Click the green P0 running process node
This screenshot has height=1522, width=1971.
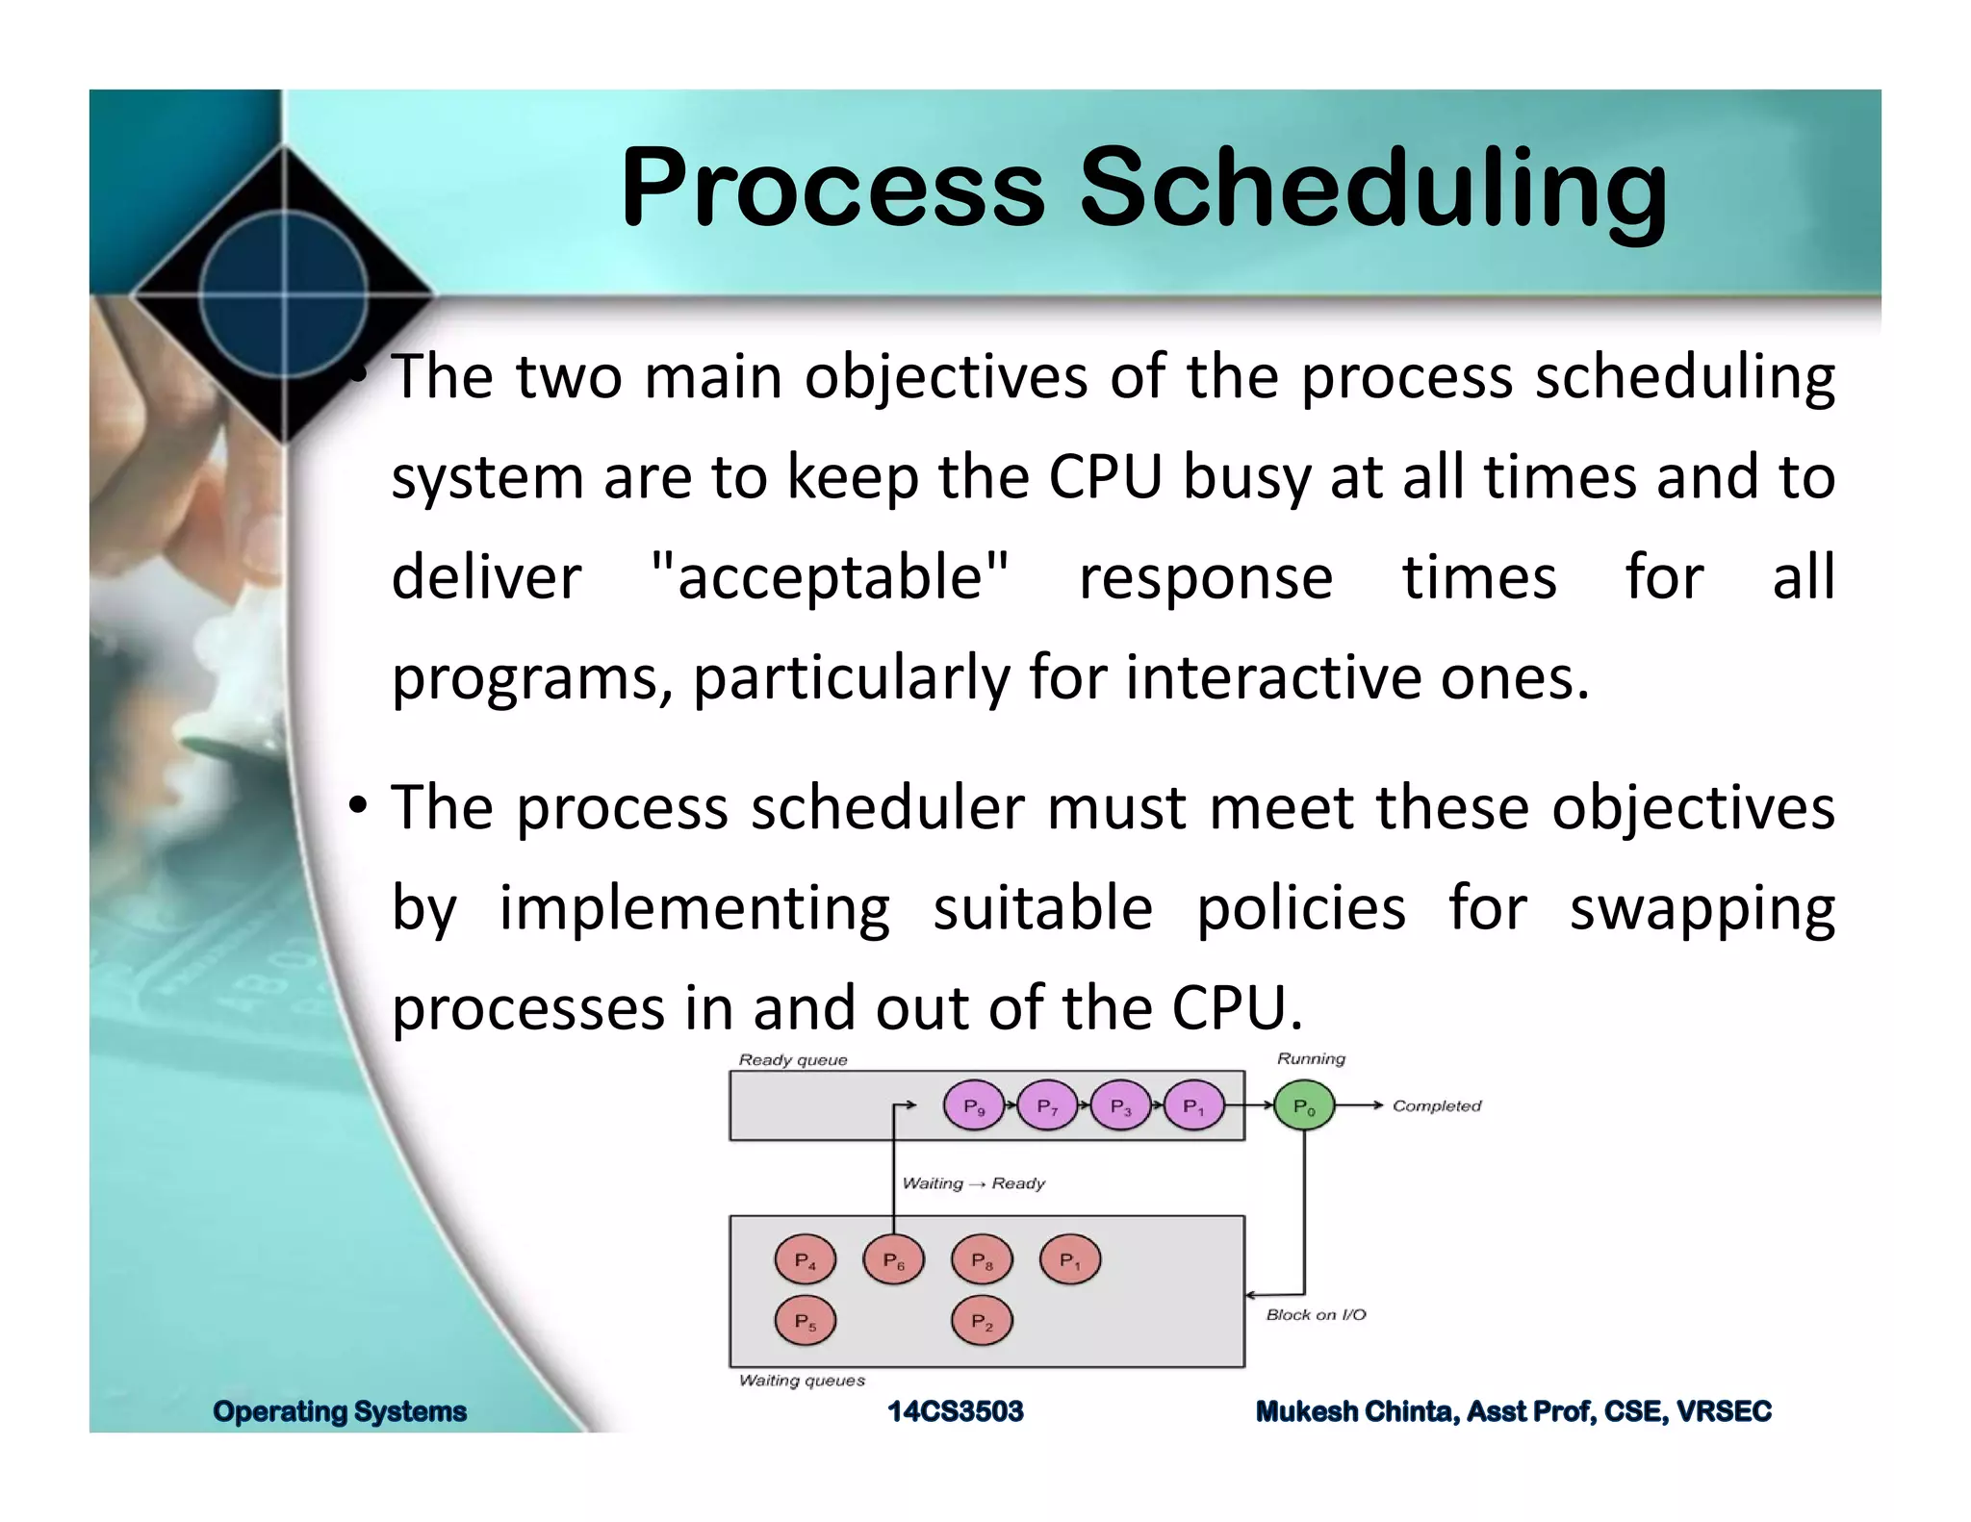click(x=1304, y=1106)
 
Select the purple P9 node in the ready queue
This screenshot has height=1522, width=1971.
click(x=974, y=1106)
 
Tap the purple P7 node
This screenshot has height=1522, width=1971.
click(x=1047, y=1106)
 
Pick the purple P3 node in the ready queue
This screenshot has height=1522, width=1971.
click(x=1120, y=1106)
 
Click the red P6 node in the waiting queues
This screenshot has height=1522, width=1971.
click(x=893, y=1260)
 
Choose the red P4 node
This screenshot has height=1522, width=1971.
click(x=805, y=1260)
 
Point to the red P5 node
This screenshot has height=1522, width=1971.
click(x=805, y=1322)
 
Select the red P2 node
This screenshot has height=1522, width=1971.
click(x=982, y=1322)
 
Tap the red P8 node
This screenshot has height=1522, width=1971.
click(x=982, y=1260)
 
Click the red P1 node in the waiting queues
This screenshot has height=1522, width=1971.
click(x=1069, y=1260)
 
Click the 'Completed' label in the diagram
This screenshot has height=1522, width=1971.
click(x=1436, y=1106)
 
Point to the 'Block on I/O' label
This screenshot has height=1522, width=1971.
click(x=1316, y=1314)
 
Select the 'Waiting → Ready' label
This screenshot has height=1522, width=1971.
click(x=973, y=1183)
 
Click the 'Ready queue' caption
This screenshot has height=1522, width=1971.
click(x=793, y=1060)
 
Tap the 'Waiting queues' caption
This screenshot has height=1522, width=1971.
click(x=802, y=1381)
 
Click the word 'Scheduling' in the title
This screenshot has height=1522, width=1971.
click(x=1372, y=188)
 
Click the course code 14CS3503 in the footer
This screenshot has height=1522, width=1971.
click(x=955, y=1411)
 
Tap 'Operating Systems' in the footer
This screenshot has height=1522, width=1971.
click(x=340, y=1411)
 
